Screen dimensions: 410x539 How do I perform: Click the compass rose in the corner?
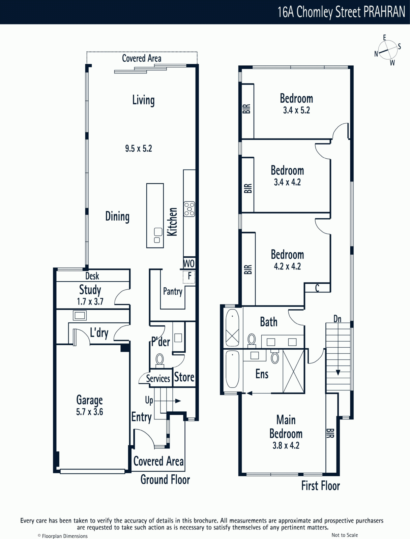click(x=388, y=50)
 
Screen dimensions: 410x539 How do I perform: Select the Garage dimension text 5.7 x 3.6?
click(x=89, y=412)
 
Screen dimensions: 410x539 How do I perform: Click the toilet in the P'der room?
click(x=160, y=360)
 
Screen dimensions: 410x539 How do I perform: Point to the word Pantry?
click(x=173, y=292)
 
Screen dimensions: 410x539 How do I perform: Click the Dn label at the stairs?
click(x=337, y=319)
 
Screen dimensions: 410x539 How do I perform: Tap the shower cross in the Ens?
click(x=294, y=372)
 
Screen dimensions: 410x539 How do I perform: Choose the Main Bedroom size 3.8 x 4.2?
click(x=286, y=445)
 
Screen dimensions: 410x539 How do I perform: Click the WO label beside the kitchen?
click(x=189, y=263)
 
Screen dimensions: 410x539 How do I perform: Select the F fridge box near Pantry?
click(x=189, y=277)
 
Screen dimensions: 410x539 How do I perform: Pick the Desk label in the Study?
click(x=92, y=276)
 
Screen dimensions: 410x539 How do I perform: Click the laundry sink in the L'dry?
click(x=80, y=315)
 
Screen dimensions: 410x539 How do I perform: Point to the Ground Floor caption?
click(x=165, y=480)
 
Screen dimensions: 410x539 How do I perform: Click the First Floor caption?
click(x=321, y=486)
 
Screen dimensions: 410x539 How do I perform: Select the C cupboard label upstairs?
click(x=317, y=288)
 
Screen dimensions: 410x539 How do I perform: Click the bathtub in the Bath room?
click(x=232, y=327)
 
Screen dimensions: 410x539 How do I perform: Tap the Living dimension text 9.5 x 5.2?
click(x=139, y=149)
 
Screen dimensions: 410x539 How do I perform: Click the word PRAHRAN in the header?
click(x=384, y=12)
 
